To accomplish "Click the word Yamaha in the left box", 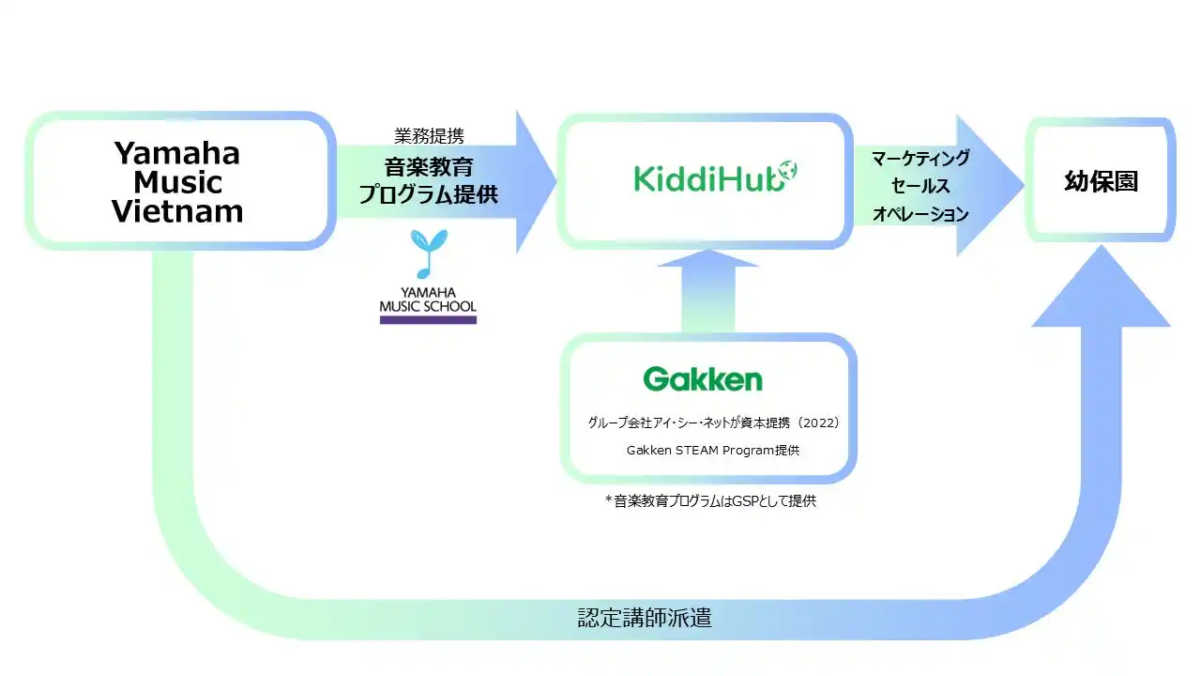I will [176, 153].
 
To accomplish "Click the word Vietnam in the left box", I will [177, 211].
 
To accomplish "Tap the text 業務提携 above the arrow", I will [428, 136].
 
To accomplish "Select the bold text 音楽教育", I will [428, 167].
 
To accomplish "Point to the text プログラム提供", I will [428, 195].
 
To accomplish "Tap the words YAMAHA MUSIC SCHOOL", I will [428, 300].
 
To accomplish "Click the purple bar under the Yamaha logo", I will [428, 320].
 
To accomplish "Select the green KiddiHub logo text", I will [699, 178].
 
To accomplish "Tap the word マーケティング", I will [920, 158].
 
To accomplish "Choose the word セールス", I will [920, 186].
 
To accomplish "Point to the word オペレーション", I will [920, 214].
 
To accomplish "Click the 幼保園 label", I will [1101, 181].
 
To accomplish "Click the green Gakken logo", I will [703, 379].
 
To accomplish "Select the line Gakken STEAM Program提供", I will [713, 450].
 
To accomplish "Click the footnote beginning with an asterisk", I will [710, 501].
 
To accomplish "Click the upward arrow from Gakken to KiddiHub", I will [707, 293].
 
